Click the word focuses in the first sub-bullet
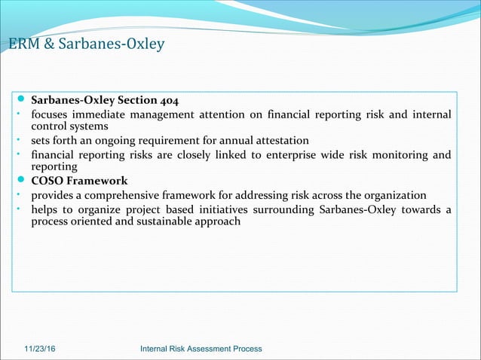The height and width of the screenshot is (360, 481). [51, 114]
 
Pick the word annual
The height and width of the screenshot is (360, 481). [232, 141]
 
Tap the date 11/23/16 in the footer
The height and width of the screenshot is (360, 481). [43, 349]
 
